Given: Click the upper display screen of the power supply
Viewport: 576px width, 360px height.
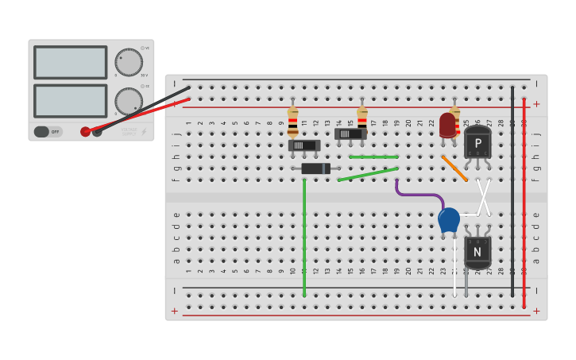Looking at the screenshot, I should [x=70, y=62].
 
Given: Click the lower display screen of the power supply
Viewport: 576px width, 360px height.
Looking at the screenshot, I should [x=70, y=101].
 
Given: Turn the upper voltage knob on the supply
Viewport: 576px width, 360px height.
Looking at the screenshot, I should [x=129, y=62].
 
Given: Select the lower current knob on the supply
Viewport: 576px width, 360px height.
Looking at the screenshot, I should [x=129, y=101].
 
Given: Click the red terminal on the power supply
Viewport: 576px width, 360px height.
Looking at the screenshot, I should [x=85, y=132].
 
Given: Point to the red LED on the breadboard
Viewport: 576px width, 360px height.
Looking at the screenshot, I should [x=447, y=125].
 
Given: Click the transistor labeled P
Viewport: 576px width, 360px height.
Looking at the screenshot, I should [x=477, y=143].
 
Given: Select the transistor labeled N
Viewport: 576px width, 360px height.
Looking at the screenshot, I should [x=477, y=252].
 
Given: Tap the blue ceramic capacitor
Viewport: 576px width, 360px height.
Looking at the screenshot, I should [x=449, y=219].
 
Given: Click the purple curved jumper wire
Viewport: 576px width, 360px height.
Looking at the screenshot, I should [x=418, y=195].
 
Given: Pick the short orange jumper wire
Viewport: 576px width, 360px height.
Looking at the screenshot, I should [x=454, y=168].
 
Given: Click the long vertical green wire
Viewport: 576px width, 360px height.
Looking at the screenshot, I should [x=304, y=238].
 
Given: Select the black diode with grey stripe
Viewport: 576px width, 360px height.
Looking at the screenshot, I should [x=315, y=168].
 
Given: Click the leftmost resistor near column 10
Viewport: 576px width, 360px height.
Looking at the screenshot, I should [x=292, y=122].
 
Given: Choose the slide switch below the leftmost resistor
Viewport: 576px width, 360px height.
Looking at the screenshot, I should [x=304, y=145].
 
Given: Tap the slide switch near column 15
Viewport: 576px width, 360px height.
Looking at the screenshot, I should [x=350, y=134].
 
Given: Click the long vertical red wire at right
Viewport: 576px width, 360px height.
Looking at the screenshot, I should [x=524, y=199].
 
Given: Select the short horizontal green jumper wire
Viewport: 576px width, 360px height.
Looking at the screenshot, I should [x=373, y=157].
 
